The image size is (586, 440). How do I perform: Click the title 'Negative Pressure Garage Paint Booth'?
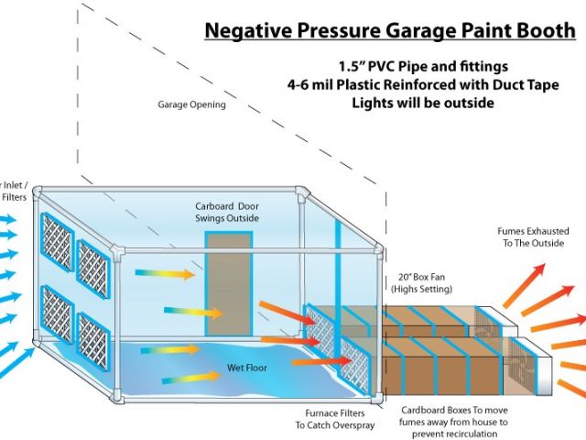pyautogui.click(x=390, y=29)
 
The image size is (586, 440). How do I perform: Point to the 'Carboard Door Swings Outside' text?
pyautogui.click(x=227, y=212)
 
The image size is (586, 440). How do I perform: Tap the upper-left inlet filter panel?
pyautogui.click(x=56, y=243)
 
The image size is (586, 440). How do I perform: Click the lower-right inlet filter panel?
pyautogui.click(x=93, y=340)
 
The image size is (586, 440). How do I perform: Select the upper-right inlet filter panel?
pyautogui.click(x=94, y=267)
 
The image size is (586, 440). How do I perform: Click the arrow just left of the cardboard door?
pyautogui.click(x=166, y=273)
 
